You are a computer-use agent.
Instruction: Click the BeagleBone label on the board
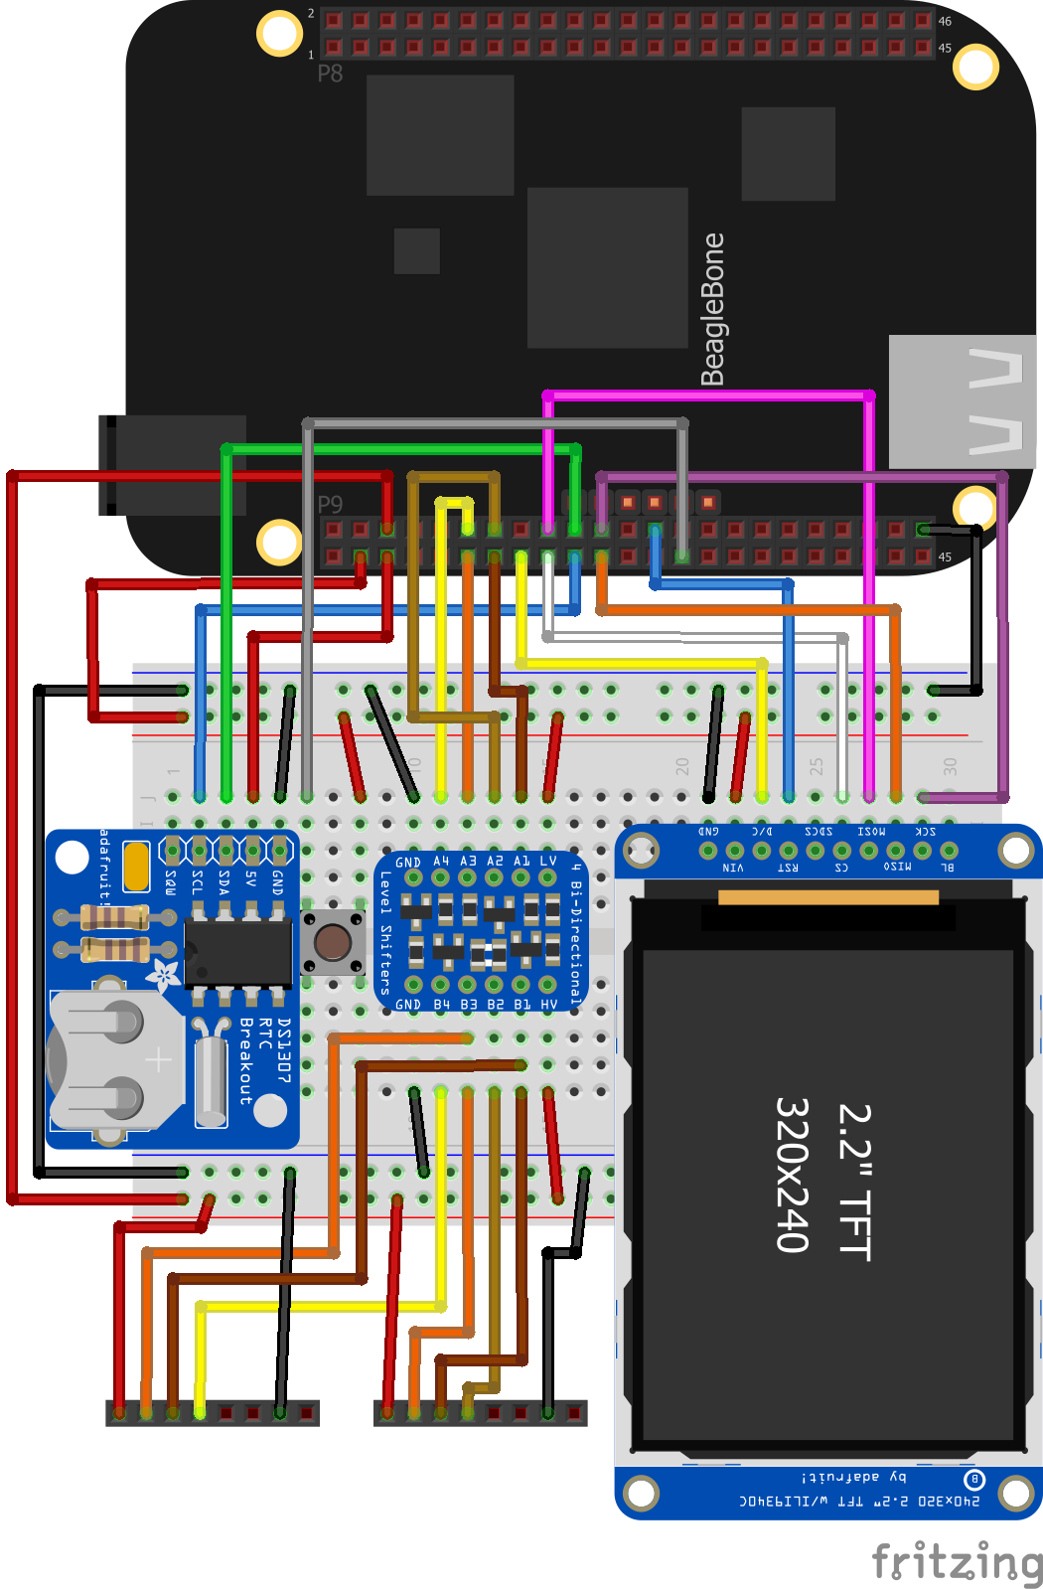point(712,309)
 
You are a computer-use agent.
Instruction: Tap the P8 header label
point(330,74)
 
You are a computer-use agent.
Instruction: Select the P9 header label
point(330,505)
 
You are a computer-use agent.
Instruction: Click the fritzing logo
point(956,1561)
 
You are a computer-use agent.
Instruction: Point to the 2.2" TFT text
point(854,1182)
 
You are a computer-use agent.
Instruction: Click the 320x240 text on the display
point(792,1175)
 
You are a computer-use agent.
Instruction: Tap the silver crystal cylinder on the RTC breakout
point(211,1079)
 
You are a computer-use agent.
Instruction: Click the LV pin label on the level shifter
point(547,861)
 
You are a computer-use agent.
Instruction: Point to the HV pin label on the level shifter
point(548,1005)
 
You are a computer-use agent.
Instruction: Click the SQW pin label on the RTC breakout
point(171,881)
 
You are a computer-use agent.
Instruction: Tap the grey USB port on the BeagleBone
point(962,401)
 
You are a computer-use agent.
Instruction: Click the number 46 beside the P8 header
point(945,21)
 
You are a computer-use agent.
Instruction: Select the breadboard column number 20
point(682,766)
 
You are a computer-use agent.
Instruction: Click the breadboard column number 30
point(950,766)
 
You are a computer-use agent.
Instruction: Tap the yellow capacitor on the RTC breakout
point(136,866)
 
